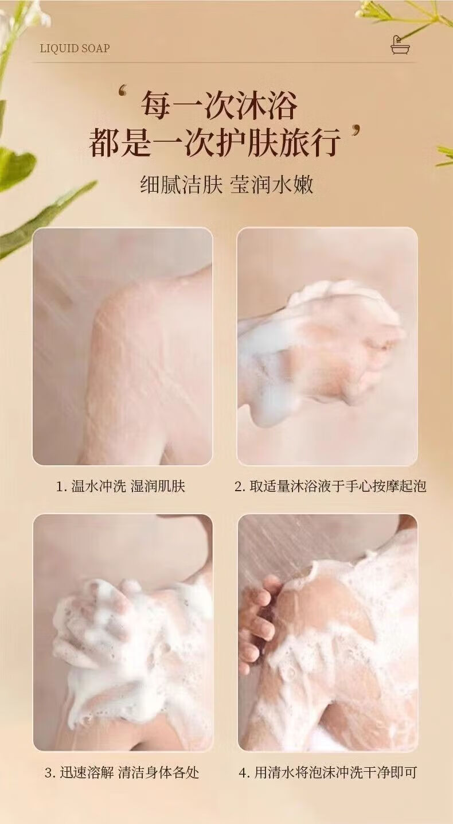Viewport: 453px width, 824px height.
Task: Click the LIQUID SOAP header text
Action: (x=75, y=48)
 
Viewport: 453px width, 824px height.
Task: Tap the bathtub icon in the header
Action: (x=400, y=45)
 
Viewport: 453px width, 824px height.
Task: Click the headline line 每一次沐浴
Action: (x=219, y=106)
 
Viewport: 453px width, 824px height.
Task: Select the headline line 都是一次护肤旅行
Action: (x=214, y=142)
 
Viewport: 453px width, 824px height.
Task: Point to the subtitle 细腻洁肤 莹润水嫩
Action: (x=226, y=185)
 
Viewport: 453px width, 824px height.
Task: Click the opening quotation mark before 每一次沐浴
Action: (x=123, y=91)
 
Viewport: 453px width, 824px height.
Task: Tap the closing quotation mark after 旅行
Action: (x=355, y=131)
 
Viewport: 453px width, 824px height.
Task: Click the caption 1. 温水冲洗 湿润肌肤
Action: (x=120, y=486)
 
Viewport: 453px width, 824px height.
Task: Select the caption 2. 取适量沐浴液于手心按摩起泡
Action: (x=330, y=486)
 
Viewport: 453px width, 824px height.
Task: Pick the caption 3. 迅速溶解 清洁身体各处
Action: (x=122, y=772)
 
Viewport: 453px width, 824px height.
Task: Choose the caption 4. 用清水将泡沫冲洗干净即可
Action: (x=327, y=772)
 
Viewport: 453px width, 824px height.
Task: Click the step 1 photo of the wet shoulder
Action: (x=123, y=346)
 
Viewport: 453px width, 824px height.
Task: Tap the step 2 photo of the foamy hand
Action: (x=327, y=346)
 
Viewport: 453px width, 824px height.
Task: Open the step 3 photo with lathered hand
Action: (x=123, y=633)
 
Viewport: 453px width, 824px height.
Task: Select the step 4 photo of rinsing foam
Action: (x=327, y=633)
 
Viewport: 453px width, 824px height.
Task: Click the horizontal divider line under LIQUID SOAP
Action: (x=224, y=63)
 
